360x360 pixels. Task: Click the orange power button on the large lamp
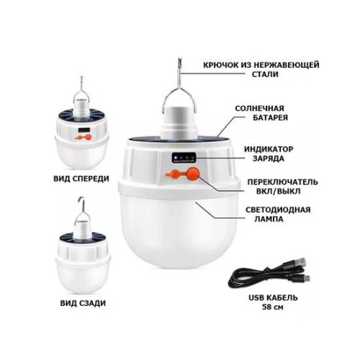(x=193, y=174)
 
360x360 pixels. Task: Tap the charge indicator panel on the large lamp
(x=184, y=158)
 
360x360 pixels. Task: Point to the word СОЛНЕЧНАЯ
(x=259, y=108)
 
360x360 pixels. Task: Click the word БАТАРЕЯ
(x=270, y=117)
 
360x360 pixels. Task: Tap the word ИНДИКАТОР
(x=269, y=149)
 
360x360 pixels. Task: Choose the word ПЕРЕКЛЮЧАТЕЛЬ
(x=283, y=182)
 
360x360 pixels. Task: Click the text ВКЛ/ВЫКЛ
(x=278, y=192)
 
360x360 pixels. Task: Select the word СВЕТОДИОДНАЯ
(x=278, y=210)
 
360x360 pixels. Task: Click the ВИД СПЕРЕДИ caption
(x=81, y=179)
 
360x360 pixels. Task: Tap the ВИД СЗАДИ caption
(x=83, y=303)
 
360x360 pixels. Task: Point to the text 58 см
(x=273, y=307)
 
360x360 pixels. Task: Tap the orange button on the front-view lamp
(x=88, y=138)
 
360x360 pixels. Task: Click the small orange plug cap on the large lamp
(x=174, y=174)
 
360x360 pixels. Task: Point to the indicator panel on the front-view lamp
(x=84, y=130)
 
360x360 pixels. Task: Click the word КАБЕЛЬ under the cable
(x=282, y=298)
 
